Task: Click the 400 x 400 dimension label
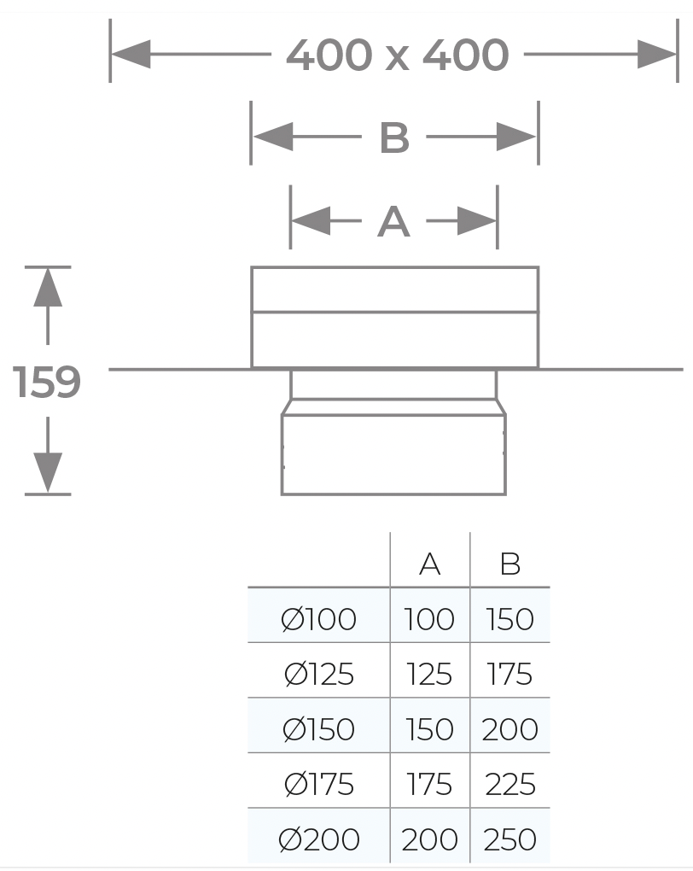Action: click(x=397, y=55)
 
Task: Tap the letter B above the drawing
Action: click(x=394, y=137)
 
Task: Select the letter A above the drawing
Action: click(x=393, y=222)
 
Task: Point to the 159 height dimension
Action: click(x=47, y=382)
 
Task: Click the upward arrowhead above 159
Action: click(x=48, y=287)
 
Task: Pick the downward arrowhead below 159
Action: click(x=48, y=473)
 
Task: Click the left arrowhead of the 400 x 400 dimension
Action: click(x=131, y=55)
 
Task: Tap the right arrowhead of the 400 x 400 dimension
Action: click(x=657, y=55)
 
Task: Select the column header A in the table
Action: click(x=430, y=564)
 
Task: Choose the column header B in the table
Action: click(x=510, y=564)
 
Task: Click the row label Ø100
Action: click(x=318, y=619)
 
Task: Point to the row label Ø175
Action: click(x=318, y=785)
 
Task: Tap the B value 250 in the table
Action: click(x=510, y=839)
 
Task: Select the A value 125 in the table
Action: click(x=429, y=675)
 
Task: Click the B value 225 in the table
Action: click(x=510, y=785)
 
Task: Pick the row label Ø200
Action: click(x=318, y=839)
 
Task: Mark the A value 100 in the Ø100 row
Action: click(x=429, y=619)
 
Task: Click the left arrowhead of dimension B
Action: click(x=273, y=137)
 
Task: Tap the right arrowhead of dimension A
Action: click(x=477, y=221)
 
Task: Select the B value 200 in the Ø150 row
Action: click(x=510, y=729)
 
